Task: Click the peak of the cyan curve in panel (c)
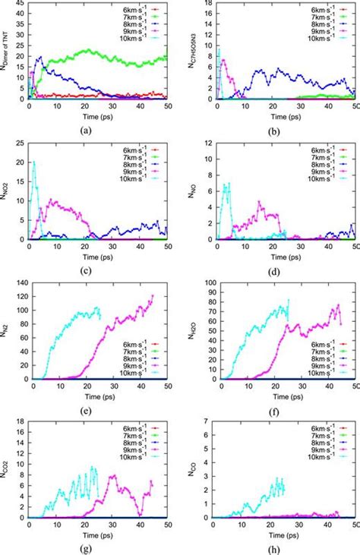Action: click(x=33, y=162)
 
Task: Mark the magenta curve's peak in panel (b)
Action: click(x=223, y=58)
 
